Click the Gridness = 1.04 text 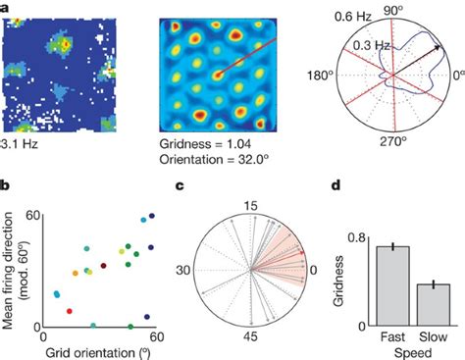tap(201, 143)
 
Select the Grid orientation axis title tap(97, 352)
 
